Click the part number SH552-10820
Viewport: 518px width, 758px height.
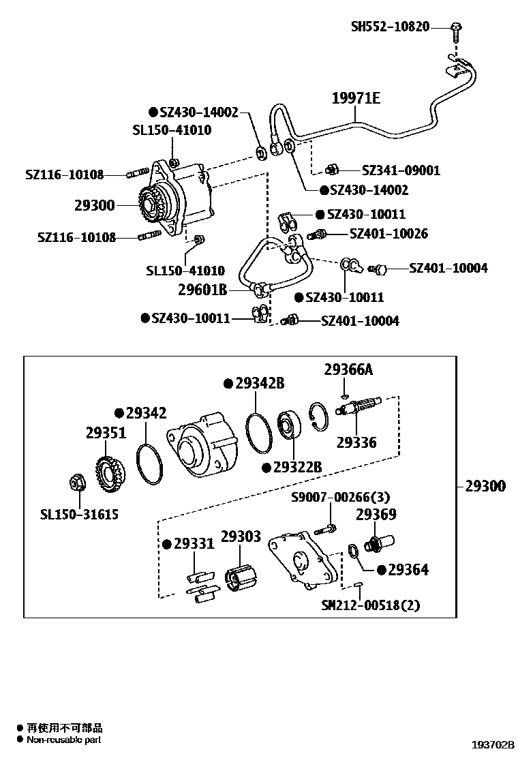coord(390,27)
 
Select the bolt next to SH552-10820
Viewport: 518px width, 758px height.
coord(456,29)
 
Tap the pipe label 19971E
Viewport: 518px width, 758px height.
coord(356,99)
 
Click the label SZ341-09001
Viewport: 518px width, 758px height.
coord(401,170)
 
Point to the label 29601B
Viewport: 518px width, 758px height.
coord(202,290)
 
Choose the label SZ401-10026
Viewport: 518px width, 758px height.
coord(388,234)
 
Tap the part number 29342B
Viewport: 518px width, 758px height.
coord(259,383)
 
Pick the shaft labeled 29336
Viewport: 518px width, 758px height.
coord(358,407)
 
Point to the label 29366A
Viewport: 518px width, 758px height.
coord(348,370)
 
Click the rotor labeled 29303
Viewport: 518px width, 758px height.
coord(240,580)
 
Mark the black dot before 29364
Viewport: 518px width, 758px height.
coord(381,569)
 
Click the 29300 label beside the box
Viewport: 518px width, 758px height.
coord(485,486)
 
